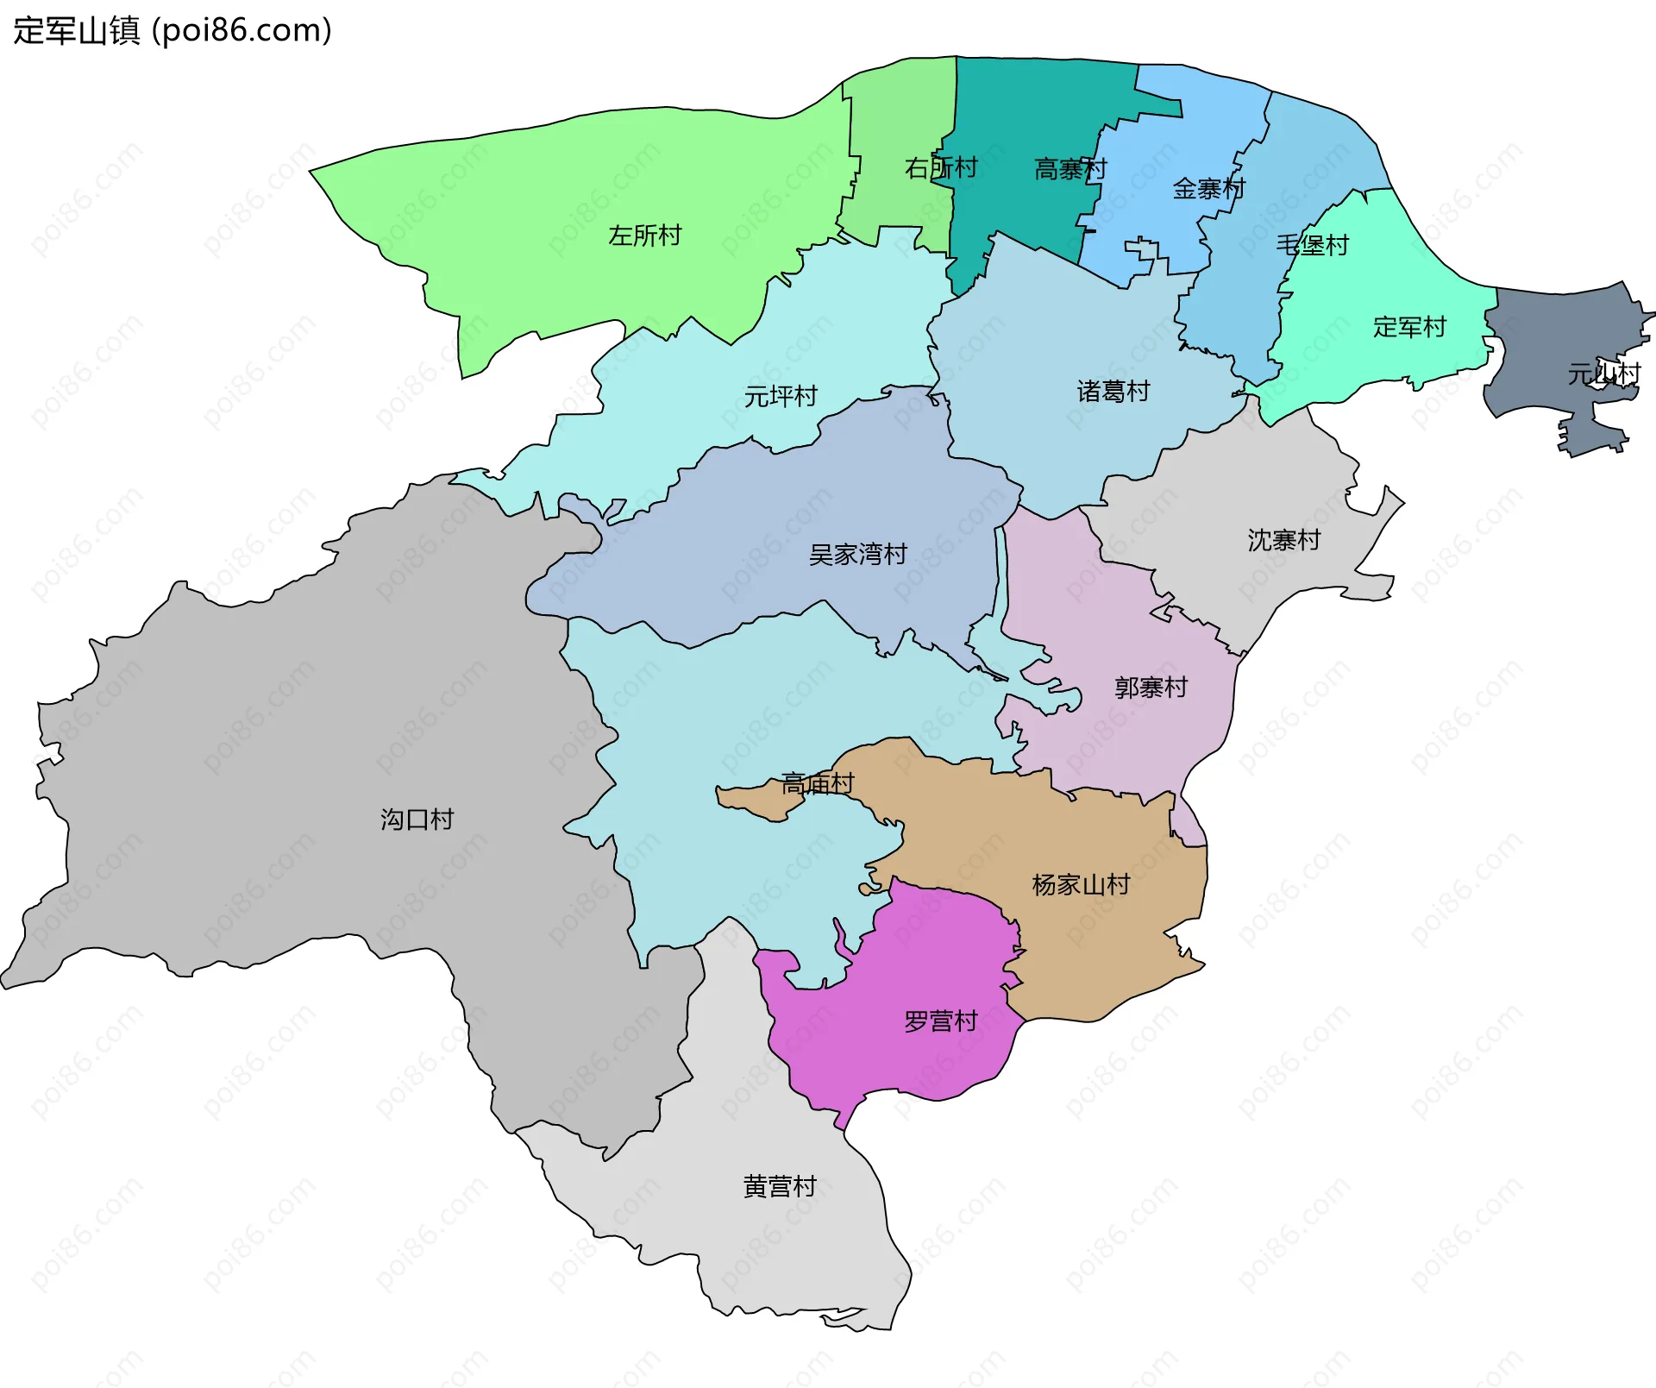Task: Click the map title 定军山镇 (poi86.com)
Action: pos(172,31)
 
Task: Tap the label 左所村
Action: pos(644,236)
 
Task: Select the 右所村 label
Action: pos(940,168)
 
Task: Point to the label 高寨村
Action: pos(1069,169)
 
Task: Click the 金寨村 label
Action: pos(1208,189)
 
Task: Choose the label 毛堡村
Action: pos(1312,246)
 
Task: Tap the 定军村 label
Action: pos(1408,328)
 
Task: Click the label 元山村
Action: pos(1603,374)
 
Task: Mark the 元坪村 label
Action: pos(781,397)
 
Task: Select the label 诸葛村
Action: pos(1113,392)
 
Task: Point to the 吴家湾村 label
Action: pos(857,555)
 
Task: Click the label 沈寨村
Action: pos(1283,541)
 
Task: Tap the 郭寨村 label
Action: pos(1151,688)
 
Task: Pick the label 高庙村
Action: pos(817,784)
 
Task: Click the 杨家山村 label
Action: pos(1081,885)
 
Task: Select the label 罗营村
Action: pos(940,1022)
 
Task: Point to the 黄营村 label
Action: pos(780,1188)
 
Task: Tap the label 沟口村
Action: pos(417,820)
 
